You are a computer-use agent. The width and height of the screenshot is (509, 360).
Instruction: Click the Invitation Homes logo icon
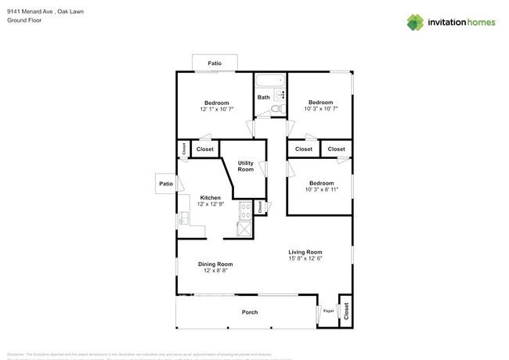point(415,22)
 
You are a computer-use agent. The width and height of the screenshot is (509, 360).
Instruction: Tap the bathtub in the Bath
point(270,81)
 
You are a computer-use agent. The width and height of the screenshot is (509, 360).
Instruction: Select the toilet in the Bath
point(279,108)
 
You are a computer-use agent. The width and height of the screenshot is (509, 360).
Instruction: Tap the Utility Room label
point(245,166)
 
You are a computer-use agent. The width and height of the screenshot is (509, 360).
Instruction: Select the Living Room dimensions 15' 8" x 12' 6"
point(305,258)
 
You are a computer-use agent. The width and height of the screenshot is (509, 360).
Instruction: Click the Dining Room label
point(215,265)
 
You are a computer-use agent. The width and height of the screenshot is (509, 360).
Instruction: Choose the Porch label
point(249,312)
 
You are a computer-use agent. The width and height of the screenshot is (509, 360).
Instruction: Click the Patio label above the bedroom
point(214,63)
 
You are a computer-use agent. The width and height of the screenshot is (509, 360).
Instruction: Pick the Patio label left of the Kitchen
point(165,184)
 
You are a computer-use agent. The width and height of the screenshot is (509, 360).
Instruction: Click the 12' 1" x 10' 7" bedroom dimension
point(216,110)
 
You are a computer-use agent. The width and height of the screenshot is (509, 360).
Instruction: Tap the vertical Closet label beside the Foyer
point(345,311)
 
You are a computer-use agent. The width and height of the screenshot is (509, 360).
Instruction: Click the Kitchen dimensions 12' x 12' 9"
point(211,203)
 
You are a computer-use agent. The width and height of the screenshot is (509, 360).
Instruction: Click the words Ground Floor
point(23,20)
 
